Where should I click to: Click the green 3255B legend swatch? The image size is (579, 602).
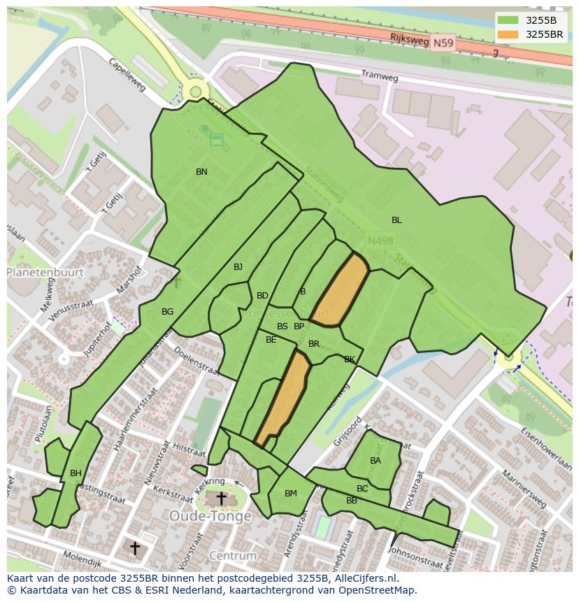click(508, 20)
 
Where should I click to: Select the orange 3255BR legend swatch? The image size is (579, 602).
click(508, 34)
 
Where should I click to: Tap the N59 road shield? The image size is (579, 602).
click(442, 43)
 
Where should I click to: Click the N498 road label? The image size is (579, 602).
click(380, 241)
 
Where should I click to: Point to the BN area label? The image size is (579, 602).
click(201, 172)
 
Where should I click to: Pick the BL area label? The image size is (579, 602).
click(396, 220)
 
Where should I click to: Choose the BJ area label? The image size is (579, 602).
click(238, 267)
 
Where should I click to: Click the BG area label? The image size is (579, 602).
click(167, 312)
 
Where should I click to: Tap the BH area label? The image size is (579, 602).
click(76, 473)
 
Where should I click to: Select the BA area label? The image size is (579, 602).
click(376, 461)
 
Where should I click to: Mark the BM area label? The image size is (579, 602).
click(291, 494)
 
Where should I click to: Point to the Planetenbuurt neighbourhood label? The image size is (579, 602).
click(45, 273)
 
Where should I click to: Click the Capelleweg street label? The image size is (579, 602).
click(127, 74)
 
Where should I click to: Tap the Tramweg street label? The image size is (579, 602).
click(379, 75)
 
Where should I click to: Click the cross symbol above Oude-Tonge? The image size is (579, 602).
click(221, 499)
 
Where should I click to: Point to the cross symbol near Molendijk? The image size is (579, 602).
click(135, 547)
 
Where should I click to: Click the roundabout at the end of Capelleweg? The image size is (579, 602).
click(196, 92)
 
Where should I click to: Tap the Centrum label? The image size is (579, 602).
click(233, 556)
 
